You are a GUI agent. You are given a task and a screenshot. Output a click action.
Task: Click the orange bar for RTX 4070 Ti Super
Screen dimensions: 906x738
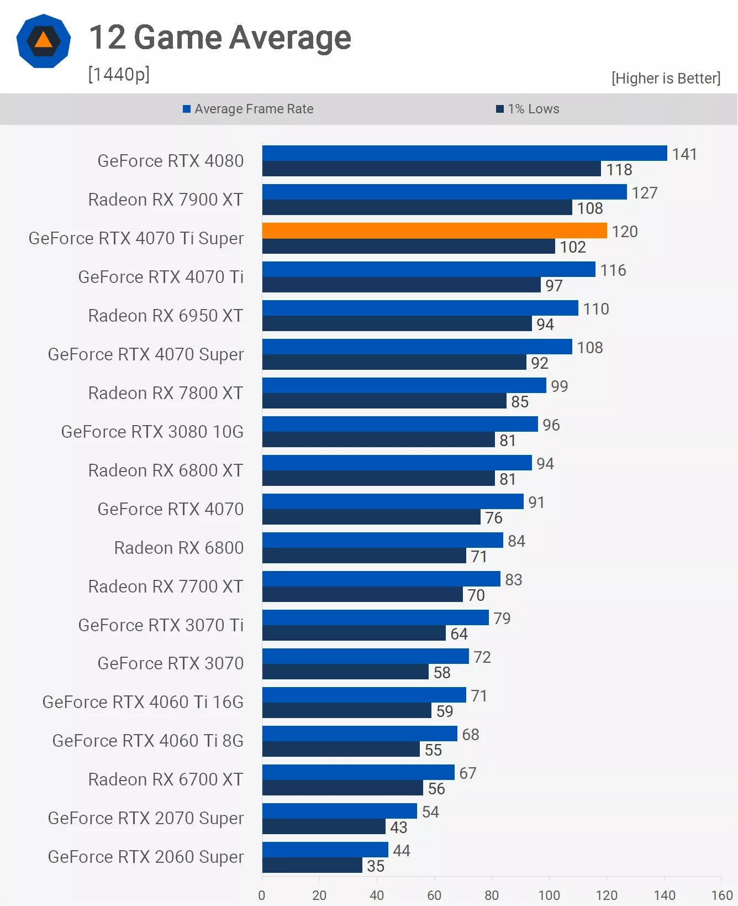point(434,231)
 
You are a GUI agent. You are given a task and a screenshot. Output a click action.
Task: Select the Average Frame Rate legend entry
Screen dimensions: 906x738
point(248,109)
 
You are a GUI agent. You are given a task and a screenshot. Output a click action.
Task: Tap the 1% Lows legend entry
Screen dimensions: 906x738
point(528,109)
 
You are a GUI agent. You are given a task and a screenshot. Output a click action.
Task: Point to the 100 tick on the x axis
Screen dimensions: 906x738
point(549,895)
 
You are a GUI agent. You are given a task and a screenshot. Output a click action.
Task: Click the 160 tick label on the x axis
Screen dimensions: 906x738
point(721,895)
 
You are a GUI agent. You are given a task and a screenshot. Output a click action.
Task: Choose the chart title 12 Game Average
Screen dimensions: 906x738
point(220,38)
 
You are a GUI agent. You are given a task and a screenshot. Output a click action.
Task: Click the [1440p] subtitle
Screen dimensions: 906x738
point(119,74)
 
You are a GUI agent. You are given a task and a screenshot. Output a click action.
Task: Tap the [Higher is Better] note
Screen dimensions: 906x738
point(666,78)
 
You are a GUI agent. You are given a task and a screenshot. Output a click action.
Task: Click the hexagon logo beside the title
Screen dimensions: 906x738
point(44,41)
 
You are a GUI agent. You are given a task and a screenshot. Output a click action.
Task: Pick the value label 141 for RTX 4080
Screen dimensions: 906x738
point(684,154)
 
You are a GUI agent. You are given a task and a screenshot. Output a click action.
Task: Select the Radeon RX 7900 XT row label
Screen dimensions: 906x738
point(166,200)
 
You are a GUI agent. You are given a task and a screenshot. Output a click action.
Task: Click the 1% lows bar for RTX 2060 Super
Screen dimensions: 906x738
point(312,865)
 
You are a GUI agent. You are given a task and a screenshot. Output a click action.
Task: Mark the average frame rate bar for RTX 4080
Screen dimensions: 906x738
point(464,153)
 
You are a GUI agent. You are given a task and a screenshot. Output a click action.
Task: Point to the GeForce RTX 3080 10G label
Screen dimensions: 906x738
point(152,432)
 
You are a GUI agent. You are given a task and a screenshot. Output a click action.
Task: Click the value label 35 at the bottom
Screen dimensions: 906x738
point(376,866)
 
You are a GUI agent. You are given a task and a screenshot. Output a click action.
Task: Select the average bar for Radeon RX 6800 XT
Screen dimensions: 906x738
point(397,463)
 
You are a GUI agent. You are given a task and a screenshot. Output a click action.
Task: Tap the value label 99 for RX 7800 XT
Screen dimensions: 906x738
point(559,386)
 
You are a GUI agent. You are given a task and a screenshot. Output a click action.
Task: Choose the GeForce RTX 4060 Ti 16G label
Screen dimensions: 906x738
point(143,702)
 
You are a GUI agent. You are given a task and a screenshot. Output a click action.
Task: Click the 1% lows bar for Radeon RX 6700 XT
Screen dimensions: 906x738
point(342,788)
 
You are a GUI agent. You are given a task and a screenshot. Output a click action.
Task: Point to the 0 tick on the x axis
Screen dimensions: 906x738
point(262,895)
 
